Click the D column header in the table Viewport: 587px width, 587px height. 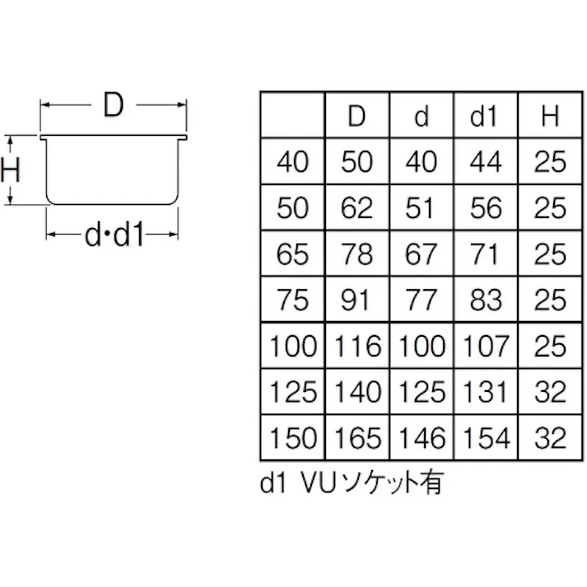pos(356,116)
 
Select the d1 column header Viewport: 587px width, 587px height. pos(485,116)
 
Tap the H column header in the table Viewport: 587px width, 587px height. pos(550,116)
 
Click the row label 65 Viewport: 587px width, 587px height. pos(293,254)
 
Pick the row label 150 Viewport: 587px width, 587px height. pos(293,437)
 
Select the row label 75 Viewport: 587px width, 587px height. pos(293,300)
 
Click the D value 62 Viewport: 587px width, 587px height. pos(356,207)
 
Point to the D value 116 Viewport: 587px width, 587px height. pos(356,346)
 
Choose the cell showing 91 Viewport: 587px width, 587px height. pos(356,300)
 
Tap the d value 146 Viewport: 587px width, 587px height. pos(421,437)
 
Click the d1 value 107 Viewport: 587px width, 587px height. pos(485,346)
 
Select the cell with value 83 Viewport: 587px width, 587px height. pos(485,300)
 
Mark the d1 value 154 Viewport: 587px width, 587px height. pos(485,437)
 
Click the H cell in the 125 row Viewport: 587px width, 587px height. pos(550,392)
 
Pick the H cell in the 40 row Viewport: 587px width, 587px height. pos(550,162)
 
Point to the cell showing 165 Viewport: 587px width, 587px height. pos(356,437)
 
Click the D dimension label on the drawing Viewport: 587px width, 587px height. pos(114,106)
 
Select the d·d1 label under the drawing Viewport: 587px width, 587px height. pos(114,237)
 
